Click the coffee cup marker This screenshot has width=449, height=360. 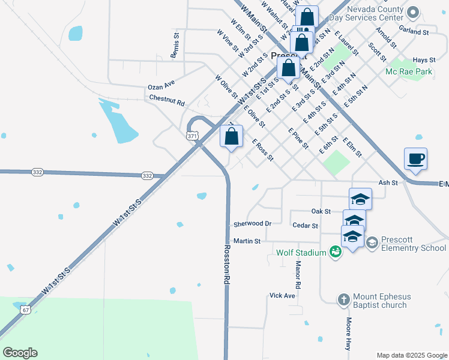[415, 159]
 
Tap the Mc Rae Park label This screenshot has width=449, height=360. [409, 71]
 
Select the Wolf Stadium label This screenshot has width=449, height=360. [301, 253]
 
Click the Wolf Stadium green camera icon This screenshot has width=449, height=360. [336, 253]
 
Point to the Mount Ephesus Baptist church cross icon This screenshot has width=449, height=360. [343, 299]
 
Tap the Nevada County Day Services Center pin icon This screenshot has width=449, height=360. [412, 12]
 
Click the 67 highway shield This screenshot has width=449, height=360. [25, 310]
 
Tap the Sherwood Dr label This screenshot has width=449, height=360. [252, 224]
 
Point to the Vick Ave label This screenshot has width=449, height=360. [282, 296]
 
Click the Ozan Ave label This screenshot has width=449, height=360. [161, 86]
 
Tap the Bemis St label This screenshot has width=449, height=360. [176, 46]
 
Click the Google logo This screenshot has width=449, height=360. [20, 353]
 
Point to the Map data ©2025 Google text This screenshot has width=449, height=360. [411, 355]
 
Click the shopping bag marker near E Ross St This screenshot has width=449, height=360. [231, 137]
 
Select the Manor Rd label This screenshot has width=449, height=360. [297, 274]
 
